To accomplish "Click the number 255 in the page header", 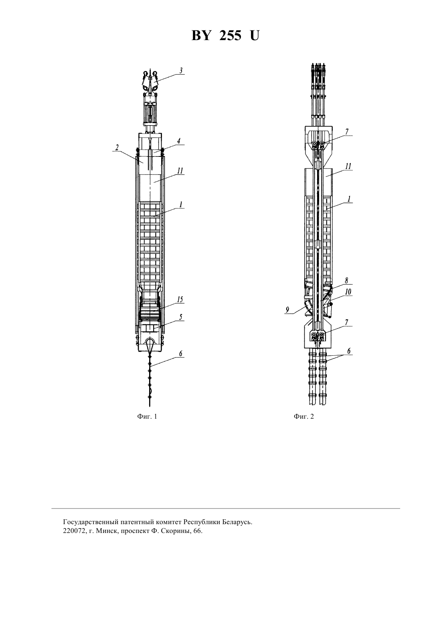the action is [230, 36].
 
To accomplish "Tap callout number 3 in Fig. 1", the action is [181, 71].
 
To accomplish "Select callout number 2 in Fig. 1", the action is [117, 147].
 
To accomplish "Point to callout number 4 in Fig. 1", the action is [179, 141].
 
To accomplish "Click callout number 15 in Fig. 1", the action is [180, 300].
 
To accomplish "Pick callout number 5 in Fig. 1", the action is [181, 317].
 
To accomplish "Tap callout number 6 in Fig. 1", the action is [181, 354].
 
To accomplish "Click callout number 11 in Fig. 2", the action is [348, 166].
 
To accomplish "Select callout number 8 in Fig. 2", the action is [347, 281].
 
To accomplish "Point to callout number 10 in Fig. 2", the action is [348, 292].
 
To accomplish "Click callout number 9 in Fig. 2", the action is [287, 310].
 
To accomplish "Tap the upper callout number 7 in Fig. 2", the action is [347, 132].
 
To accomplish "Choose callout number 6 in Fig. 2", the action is [349, 351].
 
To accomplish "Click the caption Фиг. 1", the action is [147, 416].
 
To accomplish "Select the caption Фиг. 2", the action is [304, 416].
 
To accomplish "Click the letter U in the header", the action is [255, 36].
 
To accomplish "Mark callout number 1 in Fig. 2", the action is [348, 199].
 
